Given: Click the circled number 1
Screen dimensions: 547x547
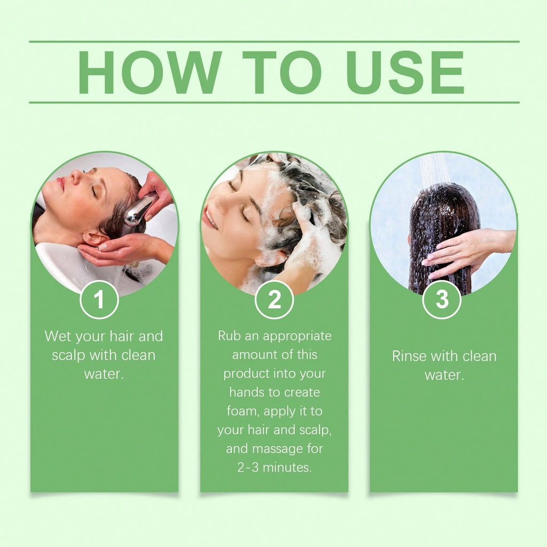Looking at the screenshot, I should coord(99,300).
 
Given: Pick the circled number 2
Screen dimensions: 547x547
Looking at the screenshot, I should coord(274,300).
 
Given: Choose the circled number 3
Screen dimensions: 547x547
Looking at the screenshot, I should coord(442,300).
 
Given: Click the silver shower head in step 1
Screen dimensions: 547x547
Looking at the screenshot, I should coord(138,210).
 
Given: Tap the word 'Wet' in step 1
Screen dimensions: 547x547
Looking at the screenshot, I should coord(57,337).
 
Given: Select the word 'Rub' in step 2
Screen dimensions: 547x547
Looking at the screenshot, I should coord(229,336).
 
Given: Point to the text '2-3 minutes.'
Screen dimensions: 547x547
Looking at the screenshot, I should coord(274,467).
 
